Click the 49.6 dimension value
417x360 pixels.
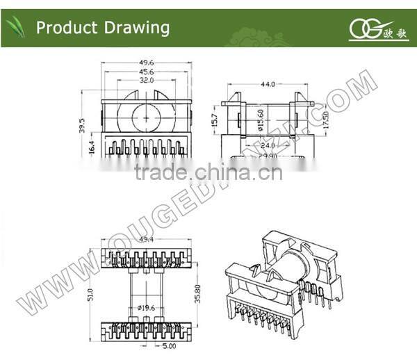(x=146, y=63)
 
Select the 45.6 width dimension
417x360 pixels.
(x=146, y=72)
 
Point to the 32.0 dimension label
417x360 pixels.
(x=146, y=80)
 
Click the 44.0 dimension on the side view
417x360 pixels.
(x=267, y=84)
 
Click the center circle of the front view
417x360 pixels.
(x=146, y=117)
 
